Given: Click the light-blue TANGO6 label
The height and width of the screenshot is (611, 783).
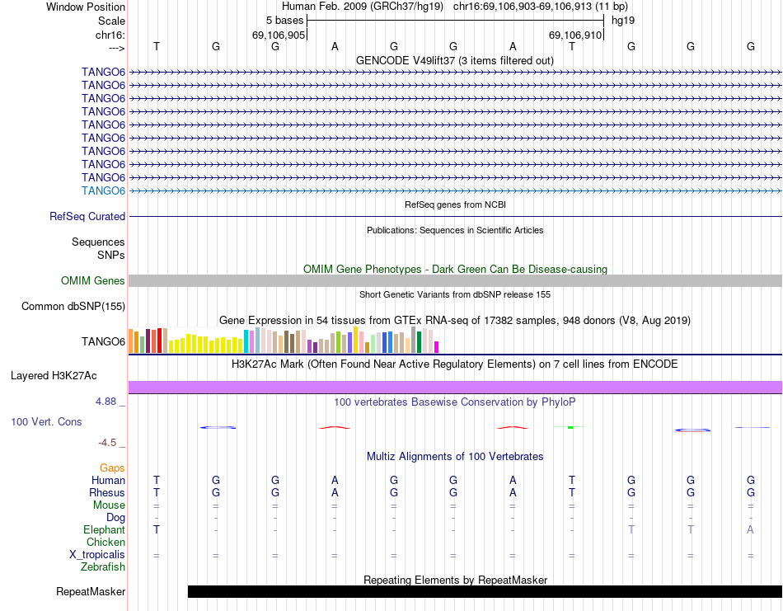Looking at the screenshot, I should point(103,190).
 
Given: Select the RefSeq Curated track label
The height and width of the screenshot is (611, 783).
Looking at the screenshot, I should point(87,216).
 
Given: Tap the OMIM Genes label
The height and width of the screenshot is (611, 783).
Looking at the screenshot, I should point(93,281).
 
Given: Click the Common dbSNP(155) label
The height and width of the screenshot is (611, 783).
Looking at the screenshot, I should point(73,307).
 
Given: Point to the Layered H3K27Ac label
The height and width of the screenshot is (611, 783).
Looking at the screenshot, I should point(54,376).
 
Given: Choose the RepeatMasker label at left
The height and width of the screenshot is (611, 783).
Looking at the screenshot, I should point(91,591).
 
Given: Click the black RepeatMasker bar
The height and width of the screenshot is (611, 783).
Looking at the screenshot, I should point(485,591).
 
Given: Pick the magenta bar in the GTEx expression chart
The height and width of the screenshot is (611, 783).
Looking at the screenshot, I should point(437,346).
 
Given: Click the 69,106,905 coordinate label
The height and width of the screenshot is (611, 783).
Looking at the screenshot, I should point(279,35).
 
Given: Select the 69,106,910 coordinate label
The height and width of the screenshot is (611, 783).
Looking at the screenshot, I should point(575,35).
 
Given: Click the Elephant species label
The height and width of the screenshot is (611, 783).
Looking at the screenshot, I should point(104,530).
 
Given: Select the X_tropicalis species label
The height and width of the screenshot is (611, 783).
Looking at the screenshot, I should point(97,555).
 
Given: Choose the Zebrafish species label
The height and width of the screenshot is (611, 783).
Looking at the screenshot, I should point(103,567).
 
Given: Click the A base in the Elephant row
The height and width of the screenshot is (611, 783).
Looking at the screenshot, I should point(751,530).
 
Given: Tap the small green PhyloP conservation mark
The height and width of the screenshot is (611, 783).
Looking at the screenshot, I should point(570,426).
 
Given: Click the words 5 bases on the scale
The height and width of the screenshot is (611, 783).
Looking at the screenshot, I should point(284,19).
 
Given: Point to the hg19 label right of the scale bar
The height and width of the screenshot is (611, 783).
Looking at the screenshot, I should point(622,19).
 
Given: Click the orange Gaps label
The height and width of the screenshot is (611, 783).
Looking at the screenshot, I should point(112,468).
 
